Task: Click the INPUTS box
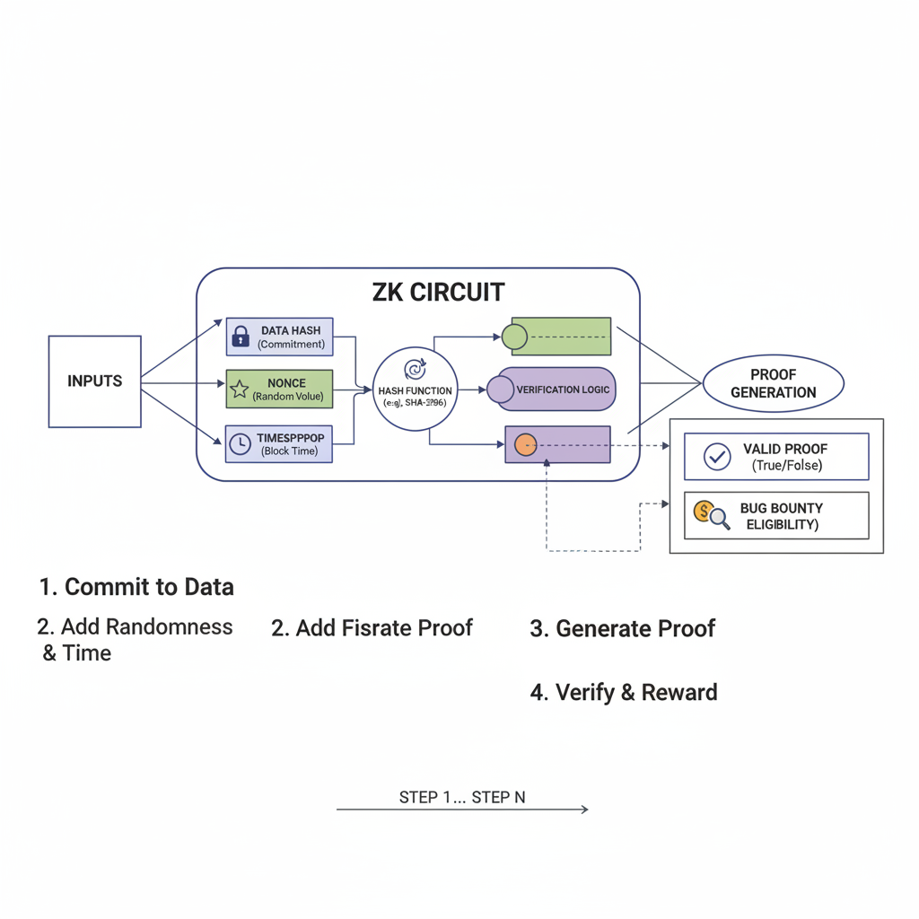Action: click(x=94, y=381)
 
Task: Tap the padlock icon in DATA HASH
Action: click(x=241, y=337)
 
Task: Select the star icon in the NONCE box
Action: click(x=240, y=389)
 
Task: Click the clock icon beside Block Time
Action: click(x=240, y=443)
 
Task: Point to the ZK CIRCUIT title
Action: click(x=438, y=293)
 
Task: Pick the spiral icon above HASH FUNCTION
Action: click(x=416, y=368)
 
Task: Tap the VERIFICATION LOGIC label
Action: click(x=563, y=389)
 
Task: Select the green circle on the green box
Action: click(x=514, y=337)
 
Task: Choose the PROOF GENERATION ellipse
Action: click(x=773, y=383)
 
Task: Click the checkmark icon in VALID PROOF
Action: click(x=717, y=457)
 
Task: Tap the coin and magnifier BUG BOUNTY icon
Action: click(x=711, y=514)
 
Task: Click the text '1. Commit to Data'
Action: click(x=136, y=588)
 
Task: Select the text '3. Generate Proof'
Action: click(x=622, y=629)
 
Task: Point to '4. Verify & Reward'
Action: click(x=624, y=693)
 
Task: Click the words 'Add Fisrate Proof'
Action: click(x=384, y=628)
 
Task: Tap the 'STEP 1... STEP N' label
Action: click(x=461, y=797)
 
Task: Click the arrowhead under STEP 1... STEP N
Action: click(x=584, y=810)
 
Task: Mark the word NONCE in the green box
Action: click(x=286, y=383)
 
